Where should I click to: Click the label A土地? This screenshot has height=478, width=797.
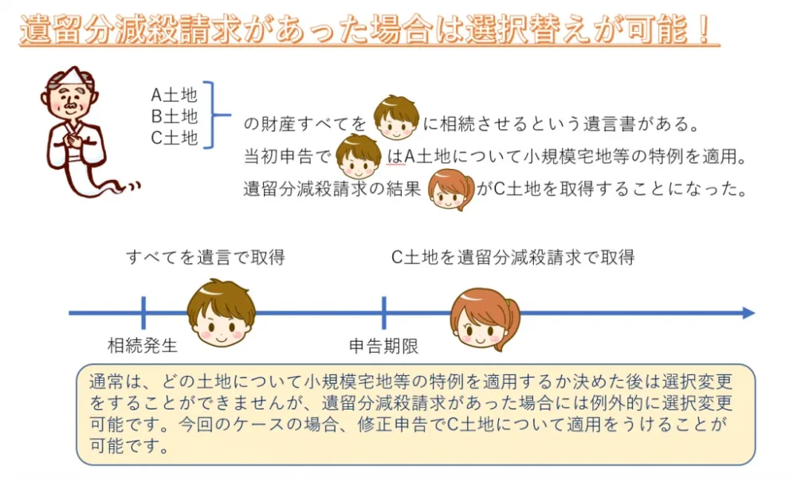tap(174, 96)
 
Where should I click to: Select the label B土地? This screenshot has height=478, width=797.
tap(174, 116)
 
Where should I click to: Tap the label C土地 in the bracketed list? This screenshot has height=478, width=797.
tap(174, 137)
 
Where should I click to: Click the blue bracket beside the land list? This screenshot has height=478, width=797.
tap(212, 115)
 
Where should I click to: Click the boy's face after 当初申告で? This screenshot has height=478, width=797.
tap(359, 155)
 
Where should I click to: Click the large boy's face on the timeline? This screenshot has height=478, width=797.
tap(221, 311)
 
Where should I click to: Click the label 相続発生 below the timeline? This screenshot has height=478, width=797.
tap(143, 346)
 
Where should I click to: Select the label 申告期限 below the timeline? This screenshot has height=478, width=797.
tap(384, 346)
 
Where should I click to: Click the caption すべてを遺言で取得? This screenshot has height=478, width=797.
tap(205, 257)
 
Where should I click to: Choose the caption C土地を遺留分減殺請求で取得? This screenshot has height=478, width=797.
tap(512, 257)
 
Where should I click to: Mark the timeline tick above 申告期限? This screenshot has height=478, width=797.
tap(384, 312)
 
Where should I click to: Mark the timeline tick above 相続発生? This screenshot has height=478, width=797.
tap(143, 312)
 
